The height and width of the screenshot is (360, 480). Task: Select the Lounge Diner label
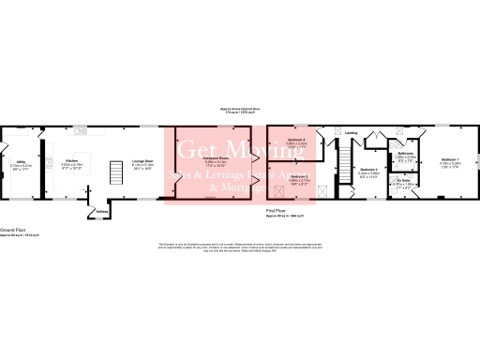[x=142, y=161]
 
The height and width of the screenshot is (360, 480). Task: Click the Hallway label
[x=102, y=211]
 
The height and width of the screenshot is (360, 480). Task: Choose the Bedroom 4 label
[x=296, y=140]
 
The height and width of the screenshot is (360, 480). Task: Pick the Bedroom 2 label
[x=299, y=175]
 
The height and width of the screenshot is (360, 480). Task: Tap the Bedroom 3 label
[x=368, y=170]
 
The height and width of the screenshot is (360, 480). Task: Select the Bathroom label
[x=405, y=153]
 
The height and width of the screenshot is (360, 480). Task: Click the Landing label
[x=351, y=132]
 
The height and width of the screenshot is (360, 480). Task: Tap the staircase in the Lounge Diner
[x=117, y=173]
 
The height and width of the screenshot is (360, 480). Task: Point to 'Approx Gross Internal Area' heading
[x=240, y=108]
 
